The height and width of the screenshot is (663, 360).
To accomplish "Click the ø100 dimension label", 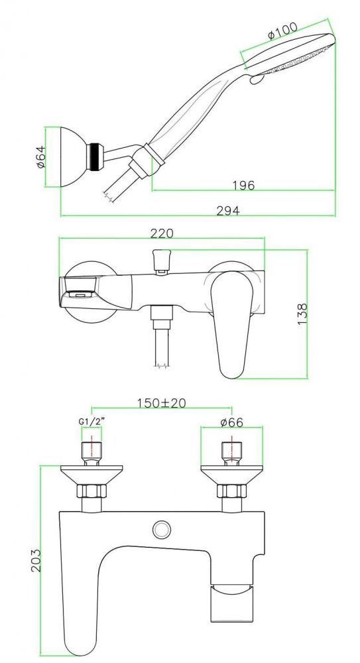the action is coord(282,30).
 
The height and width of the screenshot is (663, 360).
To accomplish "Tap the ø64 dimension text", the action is coord(40,157).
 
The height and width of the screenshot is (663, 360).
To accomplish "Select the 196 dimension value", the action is coord(244,185).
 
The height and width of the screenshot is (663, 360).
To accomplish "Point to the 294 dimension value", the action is coord(228,210).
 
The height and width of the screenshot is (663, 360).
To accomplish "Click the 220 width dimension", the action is coord(162,233).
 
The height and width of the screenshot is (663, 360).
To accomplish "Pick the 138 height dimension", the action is coord(303,314).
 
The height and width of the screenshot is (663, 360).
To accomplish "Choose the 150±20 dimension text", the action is coord(162,403).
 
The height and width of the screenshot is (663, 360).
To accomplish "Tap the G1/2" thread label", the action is coord(91,422).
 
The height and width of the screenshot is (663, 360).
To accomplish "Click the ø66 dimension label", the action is coord(232,422).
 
